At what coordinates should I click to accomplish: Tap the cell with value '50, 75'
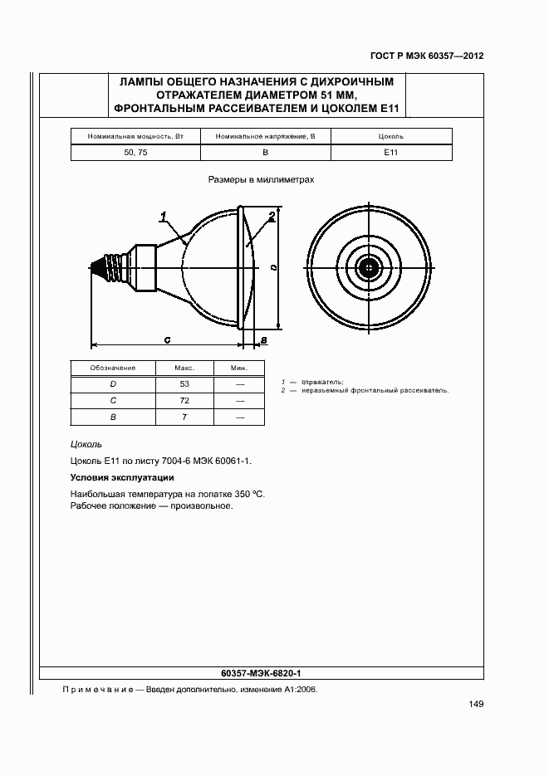tap(135, 153)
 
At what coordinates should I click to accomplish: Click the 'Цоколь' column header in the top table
tap(390, 136)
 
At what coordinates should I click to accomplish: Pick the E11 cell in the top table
tap(390, 153)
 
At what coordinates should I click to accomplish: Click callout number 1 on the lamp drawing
tap(164, 217)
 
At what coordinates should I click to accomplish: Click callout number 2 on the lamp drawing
tap(272, 217)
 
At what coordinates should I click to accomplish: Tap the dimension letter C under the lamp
tap(167, 339)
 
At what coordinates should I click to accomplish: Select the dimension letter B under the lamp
tap(262, 340)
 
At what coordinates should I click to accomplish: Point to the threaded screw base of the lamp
tap(105, 267)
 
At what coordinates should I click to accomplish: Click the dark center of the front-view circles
tap(367, 266)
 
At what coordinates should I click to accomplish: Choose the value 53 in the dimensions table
tap(184, 384)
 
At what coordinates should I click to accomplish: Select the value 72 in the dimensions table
tap(184, 401)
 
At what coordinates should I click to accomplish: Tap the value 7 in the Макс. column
tap(184, 417)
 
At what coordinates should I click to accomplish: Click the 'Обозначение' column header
tap(113, 368)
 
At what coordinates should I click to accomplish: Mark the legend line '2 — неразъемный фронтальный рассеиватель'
tap(365, 389)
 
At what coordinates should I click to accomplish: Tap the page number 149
tap(476, 705)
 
